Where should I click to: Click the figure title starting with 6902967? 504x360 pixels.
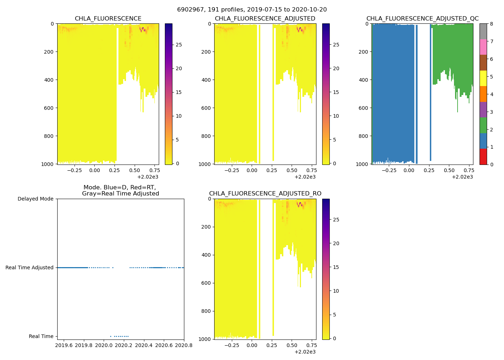coord(252,10)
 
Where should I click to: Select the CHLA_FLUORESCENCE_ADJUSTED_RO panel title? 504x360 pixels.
coord(265,194)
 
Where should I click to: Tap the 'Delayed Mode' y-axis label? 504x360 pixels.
coord(35,199)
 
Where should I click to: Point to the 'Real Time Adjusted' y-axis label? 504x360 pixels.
coord(29,268)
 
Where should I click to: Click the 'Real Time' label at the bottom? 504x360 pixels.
coord(41,337)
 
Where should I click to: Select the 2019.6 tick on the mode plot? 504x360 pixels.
coord(64,346)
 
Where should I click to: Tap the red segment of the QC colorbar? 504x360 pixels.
coord(483,157)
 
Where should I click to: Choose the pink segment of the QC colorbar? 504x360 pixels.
coord(483,47)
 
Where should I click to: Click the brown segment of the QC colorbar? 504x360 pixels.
coord(483,63)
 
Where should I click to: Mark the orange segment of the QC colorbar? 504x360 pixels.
coord(483,94)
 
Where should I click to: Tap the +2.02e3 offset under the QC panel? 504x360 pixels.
coord(462,177)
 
